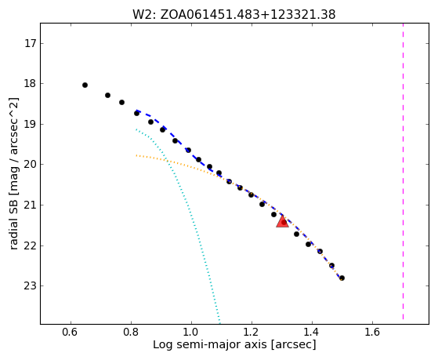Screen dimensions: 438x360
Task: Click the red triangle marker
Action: [282, 221]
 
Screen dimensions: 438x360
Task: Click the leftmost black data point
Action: [85, 85]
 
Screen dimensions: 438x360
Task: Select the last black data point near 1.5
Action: [342, 278]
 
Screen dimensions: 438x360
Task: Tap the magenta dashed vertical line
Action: [403, 172]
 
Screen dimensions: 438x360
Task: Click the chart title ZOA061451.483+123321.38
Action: [248, 15]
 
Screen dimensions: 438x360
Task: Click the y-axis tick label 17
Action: [31, 44]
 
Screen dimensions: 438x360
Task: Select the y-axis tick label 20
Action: [31, 165]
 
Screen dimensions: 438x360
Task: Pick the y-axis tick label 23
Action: [31, 285]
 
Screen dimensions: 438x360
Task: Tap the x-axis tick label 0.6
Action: [71, 332]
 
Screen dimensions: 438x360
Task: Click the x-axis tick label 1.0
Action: [191, 332]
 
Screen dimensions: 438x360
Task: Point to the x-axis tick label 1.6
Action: [372, 332]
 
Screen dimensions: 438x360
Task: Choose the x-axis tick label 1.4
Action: [312, 332]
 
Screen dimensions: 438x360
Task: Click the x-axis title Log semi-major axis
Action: [210, 345]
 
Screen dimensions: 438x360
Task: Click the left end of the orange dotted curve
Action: [136, 155]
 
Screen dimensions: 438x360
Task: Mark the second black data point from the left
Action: [107, 96]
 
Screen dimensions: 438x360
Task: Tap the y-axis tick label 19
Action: [31, 124]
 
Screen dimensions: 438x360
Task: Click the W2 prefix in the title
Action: [143, 15]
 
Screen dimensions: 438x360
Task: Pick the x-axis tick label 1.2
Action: [252, 332]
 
